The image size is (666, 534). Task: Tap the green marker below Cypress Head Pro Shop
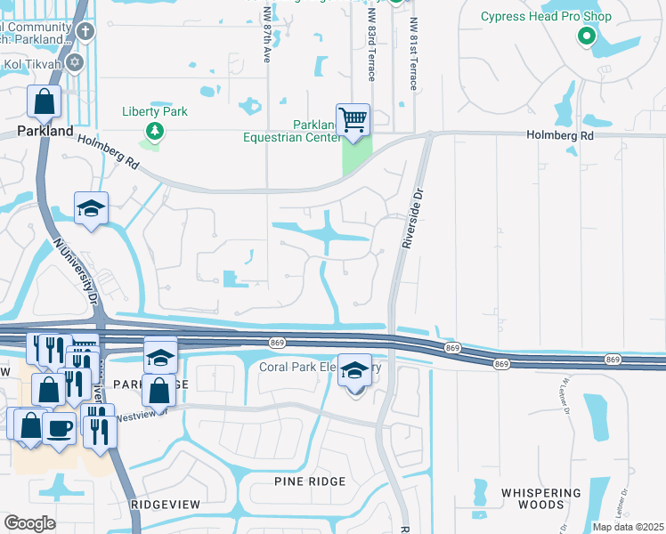click(x=586, y=36)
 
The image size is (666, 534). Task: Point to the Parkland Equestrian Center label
click(x=292, y=130)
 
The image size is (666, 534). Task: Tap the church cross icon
click(x=85, y=33)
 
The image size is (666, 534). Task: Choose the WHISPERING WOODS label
click(x=540, y=498)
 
